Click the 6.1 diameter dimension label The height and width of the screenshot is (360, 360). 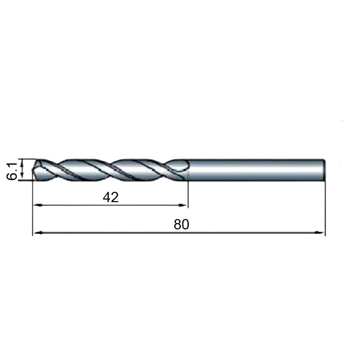(x=11, y=171)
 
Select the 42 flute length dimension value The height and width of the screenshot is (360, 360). (x=111, y=197)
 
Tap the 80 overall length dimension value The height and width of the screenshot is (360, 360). (x=182, y=224)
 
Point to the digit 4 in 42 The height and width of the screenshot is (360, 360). (x=106, y=197)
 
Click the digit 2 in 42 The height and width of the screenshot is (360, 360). (x=115, y=197)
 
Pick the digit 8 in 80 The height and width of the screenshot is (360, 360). (x=177, y=224)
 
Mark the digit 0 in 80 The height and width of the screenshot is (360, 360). (x=186, y=224)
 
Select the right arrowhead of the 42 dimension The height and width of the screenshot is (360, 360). (x=183, y=205)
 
